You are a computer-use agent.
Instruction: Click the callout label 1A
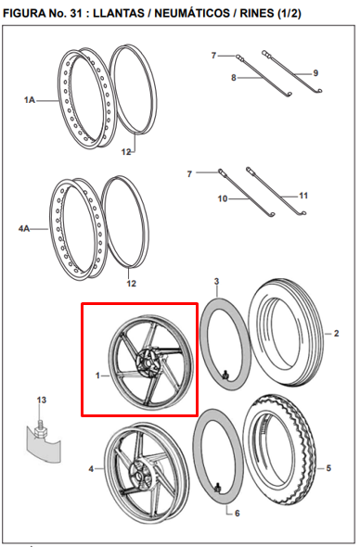(30, 100)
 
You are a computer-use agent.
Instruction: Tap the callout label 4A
(24, 229)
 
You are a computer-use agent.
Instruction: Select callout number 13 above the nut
(42, 400)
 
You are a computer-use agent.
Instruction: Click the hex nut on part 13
(41, 431)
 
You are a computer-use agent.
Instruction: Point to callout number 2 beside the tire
(336, 334)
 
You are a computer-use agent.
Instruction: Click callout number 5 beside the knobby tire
(328, 468)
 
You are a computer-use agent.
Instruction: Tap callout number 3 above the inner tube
(216, 281)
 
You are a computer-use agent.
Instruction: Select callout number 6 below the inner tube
(238, 514)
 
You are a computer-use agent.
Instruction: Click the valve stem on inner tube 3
(225, 375)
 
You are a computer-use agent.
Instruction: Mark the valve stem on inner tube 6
(217, 488)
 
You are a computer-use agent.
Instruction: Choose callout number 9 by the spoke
(315, 73)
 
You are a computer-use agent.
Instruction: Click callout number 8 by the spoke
(234, 78)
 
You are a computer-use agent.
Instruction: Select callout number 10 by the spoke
(223, 198)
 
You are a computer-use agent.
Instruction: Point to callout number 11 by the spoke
(303, 196)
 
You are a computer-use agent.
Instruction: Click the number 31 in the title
(74, 13)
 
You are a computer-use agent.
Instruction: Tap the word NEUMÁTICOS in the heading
(192, 13)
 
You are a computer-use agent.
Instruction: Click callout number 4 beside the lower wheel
(91, 469)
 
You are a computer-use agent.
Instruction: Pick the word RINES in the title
(257, 13)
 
